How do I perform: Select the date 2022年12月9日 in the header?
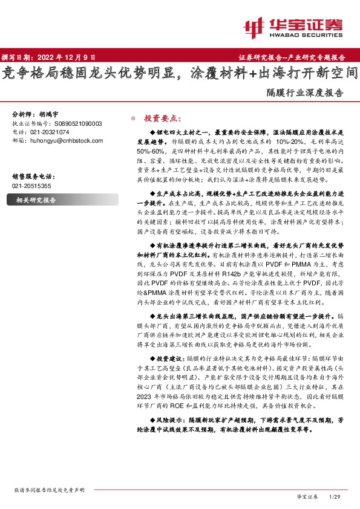tap(66, 57)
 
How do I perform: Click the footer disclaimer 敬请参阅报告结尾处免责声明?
tap(46, 490)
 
